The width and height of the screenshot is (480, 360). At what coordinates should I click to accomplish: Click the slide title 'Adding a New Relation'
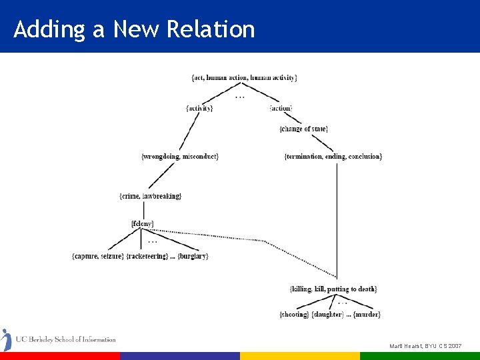(134, 29)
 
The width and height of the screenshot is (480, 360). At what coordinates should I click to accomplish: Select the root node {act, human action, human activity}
(244, 78)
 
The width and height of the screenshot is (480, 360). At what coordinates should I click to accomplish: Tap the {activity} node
(199, 108)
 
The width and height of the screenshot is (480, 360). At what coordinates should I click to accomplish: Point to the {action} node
(281, 108)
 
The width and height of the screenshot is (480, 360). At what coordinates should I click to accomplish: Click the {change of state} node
(304, 129)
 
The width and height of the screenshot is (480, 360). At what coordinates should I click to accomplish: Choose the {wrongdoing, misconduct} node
(180, 156)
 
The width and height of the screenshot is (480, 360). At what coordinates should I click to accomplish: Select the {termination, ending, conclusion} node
(333, 156)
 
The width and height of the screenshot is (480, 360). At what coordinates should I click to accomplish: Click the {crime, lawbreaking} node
(150, 196)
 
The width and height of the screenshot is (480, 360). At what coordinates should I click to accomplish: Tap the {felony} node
(143, 223)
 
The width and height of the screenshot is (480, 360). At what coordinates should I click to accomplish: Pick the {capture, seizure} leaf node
(97, 257)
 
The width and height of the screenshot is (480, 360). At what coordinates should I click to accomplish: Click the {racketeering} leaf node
(147, 257)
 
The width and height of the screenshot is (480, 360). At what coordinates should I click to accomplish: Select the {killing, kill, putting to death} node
(333, 289)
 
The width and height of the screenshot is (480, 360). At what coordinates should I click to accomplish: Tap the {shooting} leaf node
(294, 314)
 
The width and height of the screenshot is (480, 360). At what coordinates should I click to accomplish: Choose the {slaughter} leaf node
(328, 314)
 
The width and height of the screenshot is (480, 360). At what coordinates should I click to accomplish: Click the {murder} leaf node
(367, 314)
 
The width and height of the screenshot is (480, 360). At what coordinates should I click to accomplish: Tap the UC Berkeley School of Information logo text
(65, 339)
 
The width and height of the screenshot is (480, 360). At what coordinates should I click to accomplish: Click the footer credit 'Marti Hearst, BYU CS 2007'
(425, 346)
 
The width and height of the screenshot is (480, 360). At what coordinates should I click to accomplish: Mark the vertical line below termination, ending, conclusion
(337, 220)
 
